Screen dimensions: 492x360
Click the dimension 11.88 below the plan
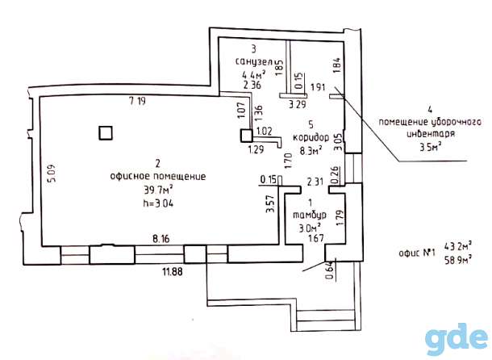click(173, 271)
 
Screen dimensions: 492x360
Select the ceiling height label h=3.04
click(158, 203)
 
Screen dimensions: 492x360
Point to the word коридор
click(311, 137)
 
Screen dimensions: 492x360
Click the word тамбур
click(310, 216)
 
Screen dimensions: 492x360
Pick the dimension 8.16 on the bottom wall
click(161, 239)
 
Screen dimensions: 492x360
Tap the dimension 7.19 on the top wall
click(137, 101)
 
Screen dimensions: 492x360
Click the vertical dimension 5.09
click(52, 174)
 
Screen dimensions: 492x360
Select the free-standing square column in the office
click(106, 133)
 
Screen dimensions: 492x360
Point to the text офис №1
click(417, 253)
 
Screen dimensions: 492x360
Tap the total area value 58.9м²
click(458, 260)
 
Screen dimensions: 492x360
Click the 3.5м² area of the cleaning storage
click(431, 146)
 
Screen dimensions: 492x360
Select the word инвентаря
click(431, 134)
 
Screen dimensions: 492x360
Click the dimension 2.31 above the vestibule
click(315, 182)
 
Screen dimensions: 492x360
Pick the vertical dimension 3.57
click(270, 204)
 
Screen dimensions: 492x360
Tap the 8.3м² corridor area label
click(311, 151)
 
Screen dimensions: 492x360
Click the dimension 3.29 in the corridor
click(297, 104)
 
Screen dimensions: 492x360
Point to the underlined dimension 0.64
click(329, 270)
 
